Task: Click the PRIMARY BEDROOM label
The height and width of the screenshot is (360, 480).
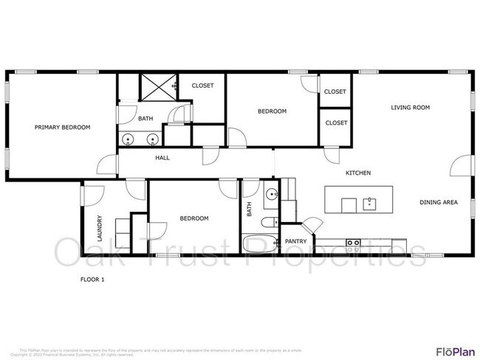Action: (63, 127)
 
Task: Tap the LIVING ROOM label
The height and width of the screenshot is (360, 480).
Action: (411, 108)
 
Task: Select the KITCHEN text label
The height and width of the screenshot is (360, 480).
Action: (358, 173)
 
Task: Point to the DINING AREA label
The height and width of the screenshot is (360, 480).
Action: (440, 202)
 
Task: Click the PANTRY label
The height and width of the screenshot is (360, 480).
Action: (295, 240)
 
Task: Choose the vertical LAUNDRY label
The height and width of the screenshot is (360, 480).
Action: (99, 228)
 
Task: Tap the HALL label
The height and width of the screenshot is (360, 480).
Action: (163, 158)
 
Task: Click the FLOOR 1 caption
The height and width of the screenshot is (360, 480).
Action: (92, 280)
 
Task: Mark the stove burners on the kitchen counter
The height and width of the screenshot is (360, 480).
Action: (354, 243)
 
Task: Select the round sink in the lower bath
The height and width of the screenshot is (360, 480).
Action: (271, 196)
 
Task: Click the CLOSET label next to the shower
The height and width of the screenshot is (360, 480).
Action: (202, 86)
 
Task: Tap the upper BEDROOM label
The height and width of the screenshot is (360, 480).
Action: (272, 111)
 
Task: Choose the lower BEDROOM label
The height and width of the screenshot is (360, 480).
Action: (194, 218)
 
